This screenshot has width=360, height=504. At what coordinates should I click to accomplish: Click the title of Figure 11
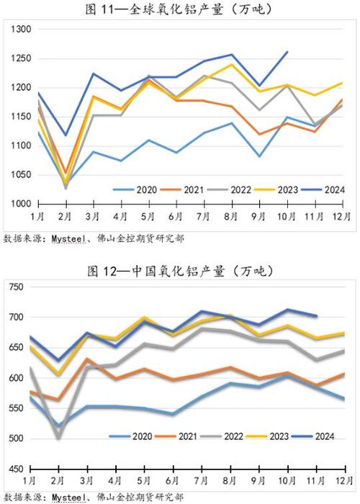pyautogui.click(x=180, y=9)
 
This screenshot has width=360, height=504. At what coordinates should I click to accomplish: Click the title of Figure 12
pyautogui.click(x=180, y=271)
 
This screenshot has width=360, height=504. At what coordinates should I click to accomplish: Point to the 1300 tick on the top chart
pyautogui.click(x=21, y=30)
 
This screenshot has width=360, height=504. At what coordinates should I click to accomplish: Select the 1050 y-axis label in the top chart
pyautogui.click(x=21, y=175)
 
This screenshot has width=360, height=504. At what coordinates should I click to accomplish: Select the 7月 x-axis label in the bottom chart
pyautogui.click(x=199, y=480)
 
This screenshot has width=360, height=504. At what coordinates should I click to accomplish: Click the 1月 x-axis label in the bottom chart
pyautogui.click(x=30, y=480)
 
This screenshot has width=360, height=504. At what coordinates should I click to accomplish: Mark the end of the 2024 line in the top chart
pyautogui.click(x=287, y=52)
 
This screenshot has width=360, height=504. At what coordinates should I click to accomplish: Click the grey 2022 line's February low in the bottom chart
pyautogui.click(x=58, y=438)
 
